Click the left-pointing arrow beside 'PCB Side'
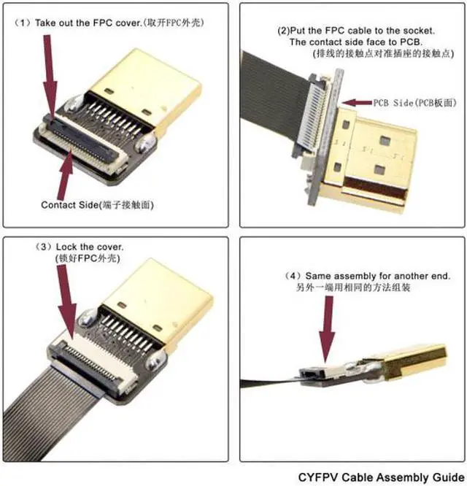tap(358, 104)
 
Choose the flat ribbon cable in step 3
tap(66, 409)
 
